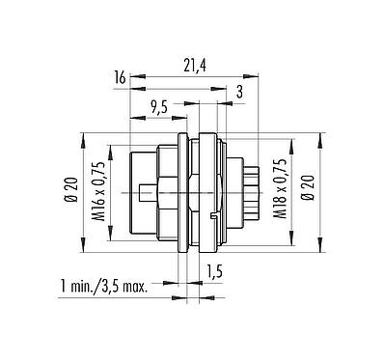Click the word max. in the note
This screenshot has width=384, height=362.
pos(146,288)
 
